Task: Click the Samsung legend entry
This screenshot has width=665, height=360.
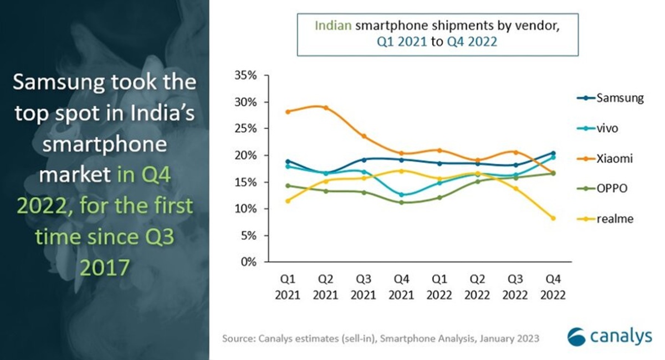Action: coord(620,99)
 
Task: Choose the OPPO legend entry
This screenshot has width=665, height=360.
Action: coord(612,189)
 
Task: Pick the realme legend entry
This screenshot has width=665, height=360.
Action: coord(614,219)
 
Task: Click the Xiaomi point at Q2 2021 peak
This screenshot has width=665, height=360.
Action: coord(325,108)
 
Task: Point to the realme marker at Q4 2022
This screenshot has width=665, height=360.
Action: coord(553,218)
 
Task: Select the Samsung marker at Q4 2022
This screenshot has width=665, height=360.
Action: coord(553,153)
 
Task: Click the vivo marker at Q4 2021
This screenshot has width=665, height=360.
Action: coord(401,195)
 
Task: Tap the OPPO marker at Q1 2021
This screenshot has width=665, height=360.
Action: coord(288,186)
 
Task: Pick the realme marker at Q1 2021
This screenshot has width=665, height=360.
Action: coord(288,200)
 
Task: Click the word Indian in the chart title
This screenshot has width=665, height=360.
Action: coord(332,25)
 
